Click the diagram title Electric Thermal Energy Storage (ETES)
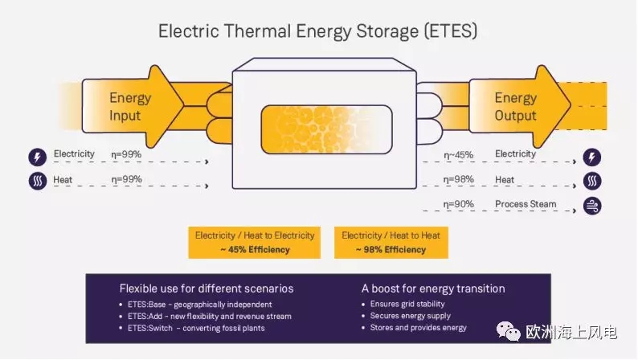point(317,31)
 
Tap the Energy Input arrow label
point(130,107)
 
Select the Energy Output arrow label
point(516,107)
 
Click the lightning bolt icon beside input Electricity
point(38,157)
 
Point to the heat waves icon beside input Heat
point(38,181)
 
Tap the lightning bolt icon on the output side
point(592,157)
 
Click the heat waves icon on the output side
point(592,181)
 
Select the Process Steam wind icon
point(592,206)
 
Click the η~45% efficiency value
point(458,155)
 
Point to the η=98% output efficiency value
point(458,179)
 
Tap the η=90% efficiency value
point(458,204)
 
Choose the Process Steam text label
point(526,204)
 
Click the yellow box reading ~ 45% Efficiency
point(254,243)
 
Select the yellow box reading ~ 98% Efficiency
point(391,243)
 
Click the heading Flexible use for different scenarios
point(207,288)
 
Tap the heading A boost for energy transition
point(433,288)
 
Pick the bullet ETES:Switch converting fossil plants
point(192,328)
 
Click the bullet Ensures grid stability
point(403,304)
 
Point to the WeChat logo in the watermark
point(508,331)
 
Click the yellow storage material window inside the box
point(326,129)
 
